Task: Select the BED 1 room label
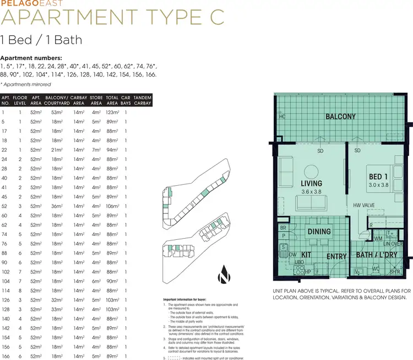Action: click(x=378, y=176)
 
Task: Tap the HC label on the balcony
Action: click(x=282, y=117)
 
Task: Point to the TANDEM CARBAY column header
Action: click(x=142, y=99)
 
